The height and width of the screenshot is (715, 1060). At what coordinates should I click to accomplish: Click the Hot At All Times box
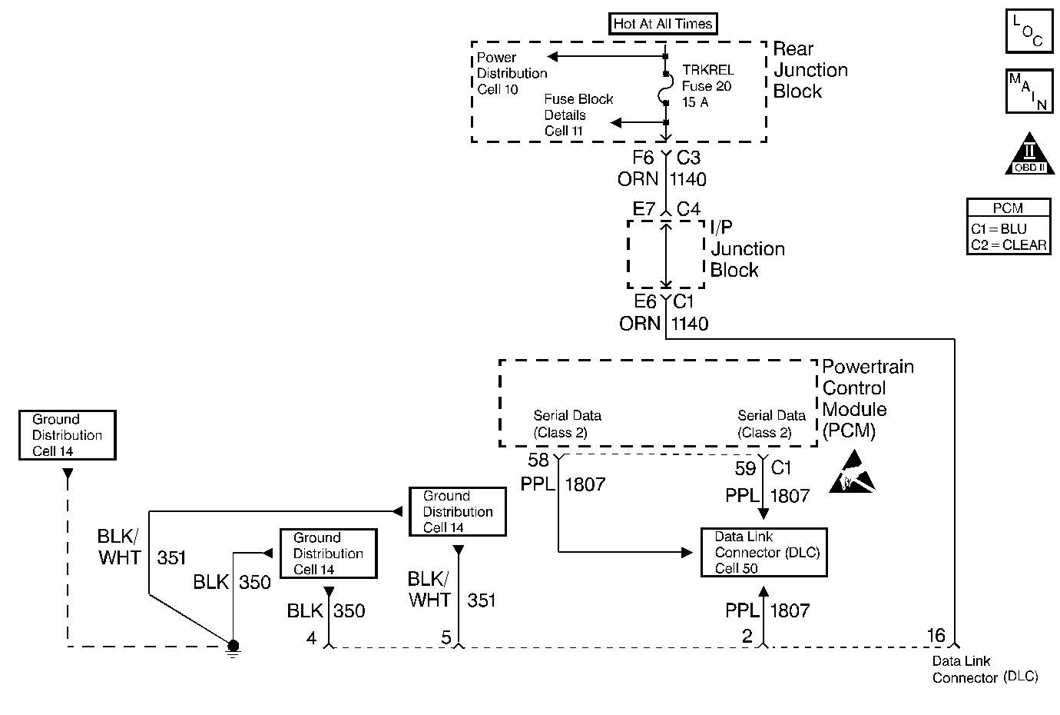coord(663,24)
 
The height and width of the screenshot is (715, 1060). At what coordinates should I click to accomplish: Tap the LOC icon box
coord(1029,31)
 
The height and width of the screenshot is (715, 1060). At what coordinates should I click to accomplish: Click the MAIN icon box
coord(1029,91)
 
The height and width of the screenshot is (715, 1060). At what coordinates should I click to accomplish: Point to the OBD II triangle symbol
coord(1029,156)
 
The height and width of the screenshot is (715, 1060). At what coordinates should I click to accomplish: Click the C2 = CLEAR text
coord(1009,245)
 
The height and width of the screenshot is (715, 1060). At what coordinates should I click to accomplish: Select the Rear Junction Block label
coord(810,70)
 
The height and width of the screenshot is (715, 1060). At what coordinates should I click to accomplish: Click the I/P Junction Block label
coord(747,249)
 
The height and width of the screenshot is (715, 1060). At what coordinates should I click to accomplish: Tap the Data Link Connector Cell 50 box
coord(764,552)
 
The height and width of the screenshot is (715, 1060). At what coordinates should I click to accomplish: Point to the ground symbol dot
coord(234,645)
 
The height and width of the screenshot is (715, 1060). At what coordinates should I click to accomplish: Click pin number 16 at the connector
coord(936,635)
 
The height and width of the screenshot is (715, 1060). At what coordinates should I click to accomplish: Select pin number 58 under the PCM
coord(538,461)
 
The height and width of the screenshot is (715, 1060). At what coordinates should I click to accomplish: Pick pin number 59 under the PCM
coord(745,467)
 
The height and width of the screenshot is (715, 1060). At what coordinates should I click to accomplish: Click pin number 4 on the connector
coord(311,637)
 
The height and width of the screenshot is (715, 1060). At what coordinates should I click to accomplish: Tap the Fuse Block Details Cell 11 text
coord(578,115)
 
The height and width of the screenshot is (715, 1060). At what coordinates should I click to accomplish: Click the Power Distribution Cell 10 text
coord(512,73)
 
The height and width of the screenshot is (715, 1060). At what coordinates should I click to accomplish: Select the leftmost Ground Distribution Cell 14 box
coord(68,435)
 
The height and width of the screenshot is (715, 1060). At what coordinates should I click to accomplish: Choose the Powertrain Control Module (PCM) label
coord(867,398)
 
